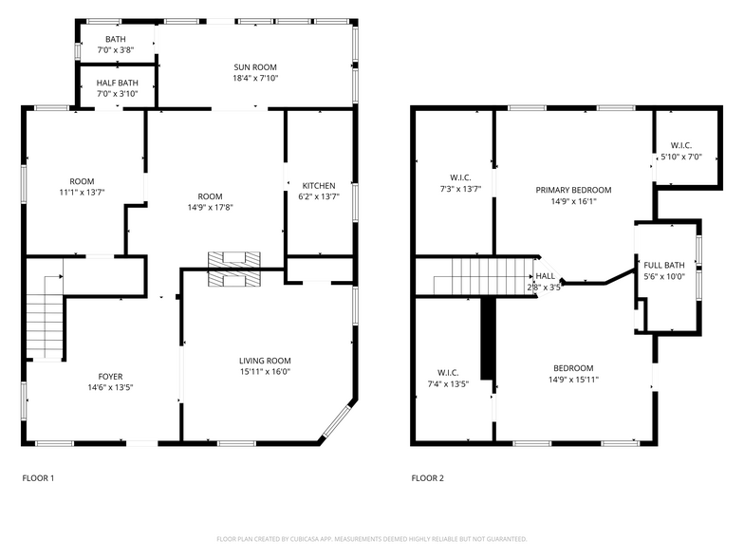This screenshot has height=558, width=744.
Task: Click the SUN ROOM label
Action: pos(255,66)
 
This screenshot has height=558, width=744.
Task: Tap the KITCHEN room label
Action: pos(318,185)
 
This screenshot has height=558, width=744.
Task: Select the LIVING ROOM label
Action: pos(264,361)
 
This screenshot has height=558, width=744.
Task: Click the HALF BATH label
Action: pos(117,83)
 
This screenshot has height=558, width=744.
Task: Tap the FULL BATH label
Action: pos(663,265)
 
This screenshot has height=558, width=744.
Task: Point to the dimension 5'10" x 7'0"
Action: pos(680,158)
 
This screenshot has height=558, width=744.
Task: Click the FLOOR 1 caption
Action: pos(38,478)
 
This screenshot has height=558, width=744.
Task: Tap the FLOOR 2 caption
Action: pos(427,478)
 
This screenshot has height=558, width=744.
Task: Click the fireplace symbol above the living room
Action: pos(233,268)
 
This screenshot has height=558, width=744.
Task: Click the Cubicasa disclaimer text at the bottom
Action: pos(371,539)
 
